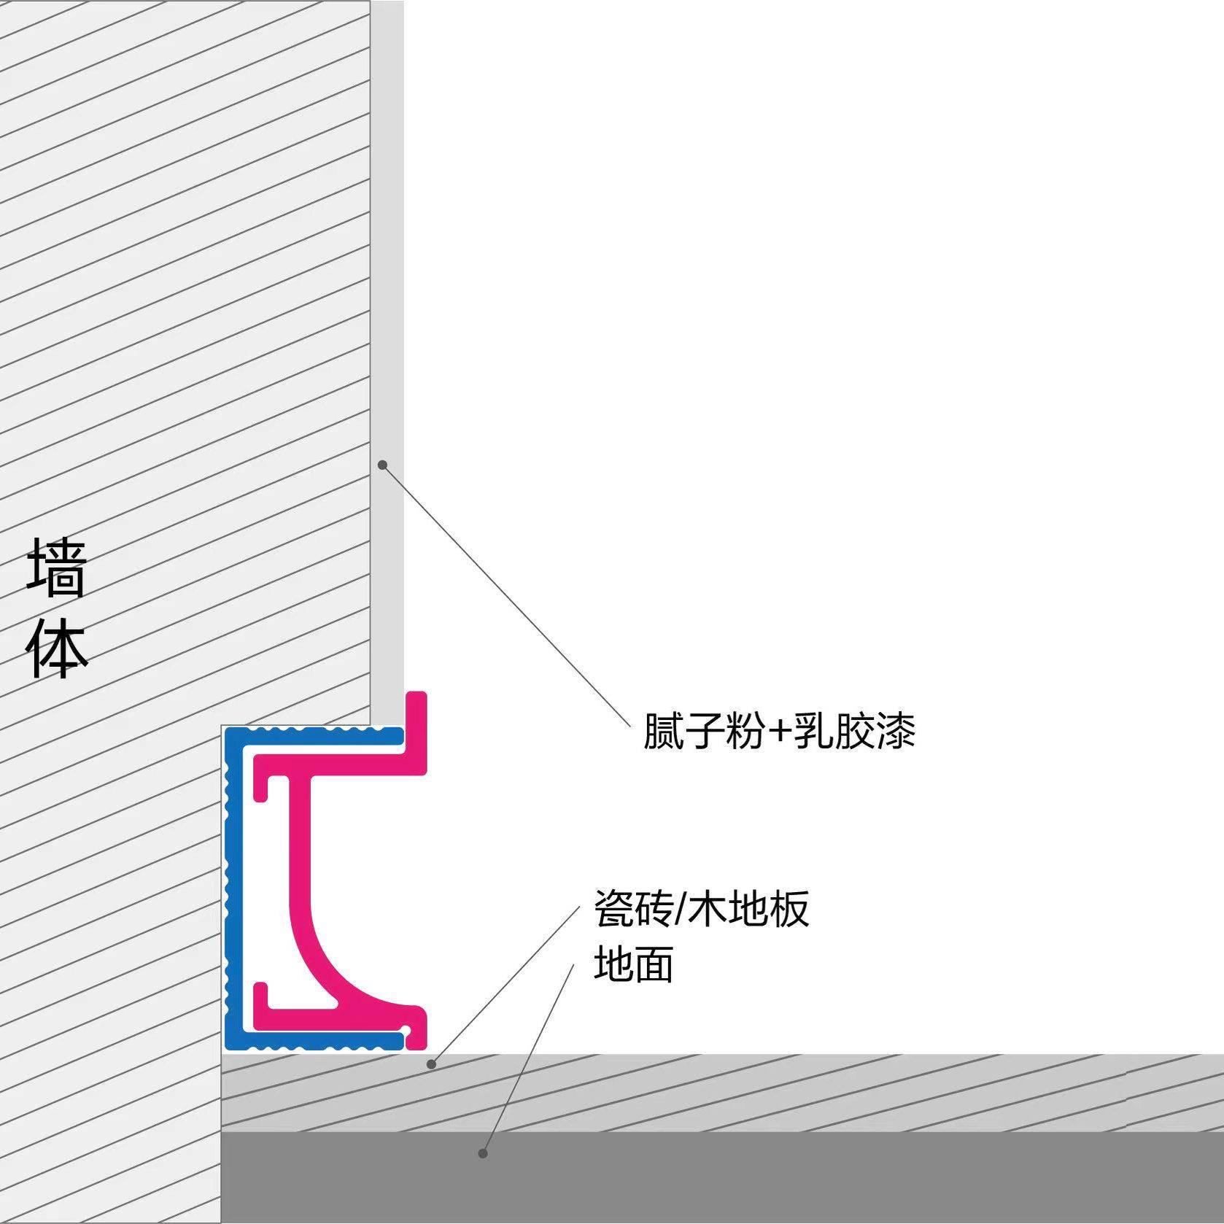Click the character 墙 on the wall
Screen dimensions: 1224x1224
tap(58, 568)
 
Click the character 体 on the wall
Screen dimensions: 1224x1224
tap(58, 648)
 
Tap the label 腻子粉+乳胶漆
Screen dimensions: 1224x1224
tap(778, 730)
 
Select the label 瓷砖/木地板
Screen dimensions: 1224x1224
tap(702, 909)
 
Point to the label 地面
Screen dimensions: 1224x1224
tap(633, 964)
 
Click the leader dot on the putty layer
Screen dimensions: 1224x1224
tap(382, 465)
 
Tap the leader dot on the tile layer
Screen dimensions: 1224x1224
tap(431, 1064)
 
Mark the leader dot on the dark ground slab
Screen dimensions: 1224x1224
tap(482, 1153)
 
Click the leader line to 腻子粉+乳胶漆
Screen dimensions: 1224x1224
tap(507, 597)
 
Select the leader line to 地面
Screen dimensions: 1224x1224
tap(528, 1058)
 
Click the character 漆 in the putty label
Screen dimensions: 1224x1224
tap(895, 730)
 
